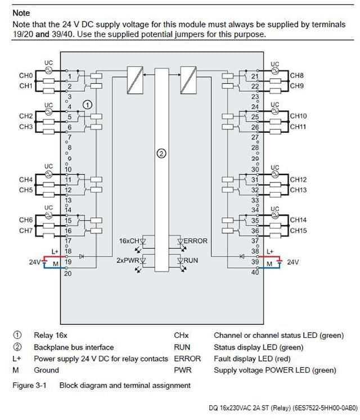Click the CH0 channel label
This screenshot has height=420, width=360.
tap(26, 75)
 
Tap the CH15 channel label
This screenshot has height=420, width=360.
tap(298, 231)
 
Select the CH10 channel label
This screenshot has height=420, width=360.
tap(298, 116)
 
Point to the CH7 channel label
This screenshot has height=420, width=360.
tap(26, 231)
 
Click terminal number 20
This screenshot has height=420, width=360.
tap(68, 274)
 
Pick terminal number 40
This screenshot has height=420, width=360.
tap(255, 272)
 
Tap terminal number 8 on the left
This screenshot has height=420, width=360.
tap(69, 148)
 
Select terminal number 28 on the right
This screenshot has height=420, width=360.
tap(255, 148)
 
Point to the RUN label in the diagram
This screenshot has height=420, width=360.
tap(191, 261)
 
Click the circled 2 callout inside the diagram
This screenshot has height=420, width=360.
tap(161, 153)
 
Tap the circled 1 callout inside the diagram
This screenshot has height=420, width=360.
tap(87, 104)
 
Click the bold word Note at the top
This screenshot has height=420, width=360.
tap(21, 12)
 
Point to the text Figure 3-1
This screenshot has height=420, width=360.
tap(31, 386)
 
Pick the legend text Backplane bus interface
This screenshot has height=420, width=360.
tap(73, 347)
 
